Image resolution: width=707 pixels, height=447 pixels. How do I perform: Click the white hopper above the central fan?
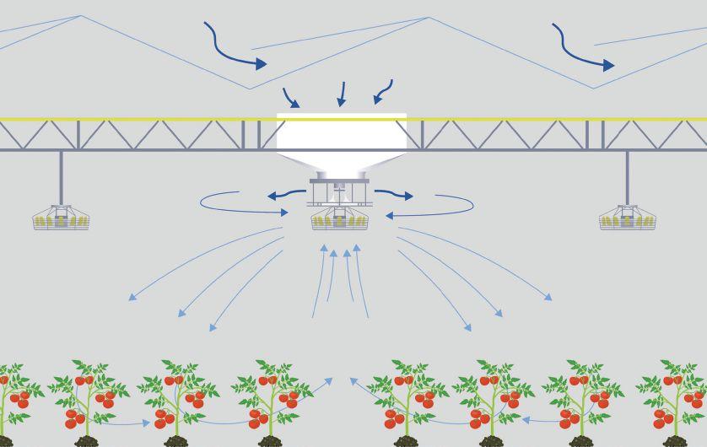click(341, 139)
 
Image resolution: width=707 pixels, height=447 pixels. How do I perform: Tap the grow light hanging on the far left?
click(61, 218)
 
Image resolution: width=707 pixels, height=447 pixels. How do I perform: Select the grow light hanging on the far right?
click(627, 218)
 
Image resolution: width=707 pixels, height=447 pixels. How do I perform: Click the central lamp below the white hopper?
click(339, 219)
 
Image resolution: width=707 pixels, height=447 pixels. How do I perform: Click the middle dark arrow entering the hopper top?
click(342, 94)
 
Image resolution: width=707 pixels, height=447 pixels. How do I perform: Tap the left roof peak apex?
click(80, 16)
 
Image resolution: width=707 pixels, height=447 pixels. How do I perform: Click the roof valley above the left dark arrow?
click(249, 89)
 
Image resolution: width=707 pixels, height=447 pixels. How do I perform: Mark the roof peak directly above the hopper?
click(429, 18)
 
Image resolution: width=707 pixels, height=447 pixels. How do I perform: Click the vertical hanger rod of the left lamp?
click(61, 176)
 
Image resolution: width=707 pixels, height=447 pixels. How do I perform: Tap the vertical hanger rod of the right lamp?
click(627, 176)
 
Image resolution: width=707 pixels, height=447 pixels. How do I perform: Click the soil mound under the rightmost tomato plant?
click(675, 440)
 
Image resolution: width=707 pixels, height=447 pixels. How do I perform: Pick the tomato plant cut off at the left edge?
click(12, 393)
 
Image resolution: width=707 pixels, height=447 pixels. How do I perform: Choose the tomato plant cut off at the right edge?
click(679, 393)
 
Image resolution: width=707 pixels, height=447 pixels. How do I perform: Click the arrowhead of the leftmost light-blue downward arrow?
click(131, 298)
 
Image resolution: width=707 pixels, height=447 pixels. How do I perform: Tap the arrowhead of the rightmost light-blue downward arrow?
click(550, 298)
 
